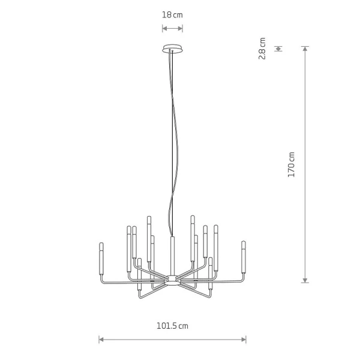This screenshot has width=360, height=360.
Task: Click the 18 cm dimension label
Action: pyautogui.click(x=172, y=15)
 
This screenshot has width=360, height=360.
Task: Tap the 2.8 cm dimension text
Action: pyautogui.click(x=262, y=49)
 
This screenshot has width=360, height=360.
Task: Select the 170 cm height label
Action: pyautogui.click(x=291, y=164)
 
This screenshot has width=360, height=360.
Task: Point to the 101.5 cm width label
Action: pyautogui.click(x=172, y=326)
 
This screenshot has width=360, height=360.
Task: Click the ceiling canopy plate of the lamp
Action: pyautogui.click(x=172, y=49)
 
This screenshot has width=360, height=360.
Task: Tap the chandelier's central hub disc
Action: pyautogui.click(x=172, y=281)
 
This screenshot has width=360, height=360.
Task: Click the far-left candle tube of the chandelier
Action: pyautogui.click(x=101, y=259)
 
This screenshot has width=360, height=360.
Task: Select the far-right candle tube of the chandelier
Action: pyautogui.click(x=244, y=257)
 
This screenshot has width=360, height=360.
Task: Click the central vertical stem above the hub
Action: pyautogui.click(x=172, y=256)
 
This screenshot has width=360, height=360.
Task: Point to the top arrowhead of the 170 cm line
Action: pyautogui.click(x=305, y=49)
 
